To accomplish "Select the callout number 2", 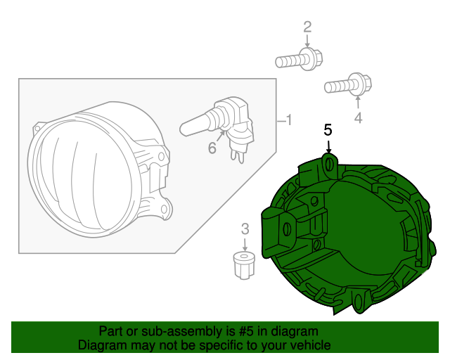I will point(307,27).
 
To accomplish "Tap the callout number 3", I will point(245,228).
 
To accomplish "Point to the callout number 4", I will point(358,118).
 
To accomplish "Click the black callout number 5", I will point(328,129).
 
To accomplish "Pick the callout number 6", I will point(211,148).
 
